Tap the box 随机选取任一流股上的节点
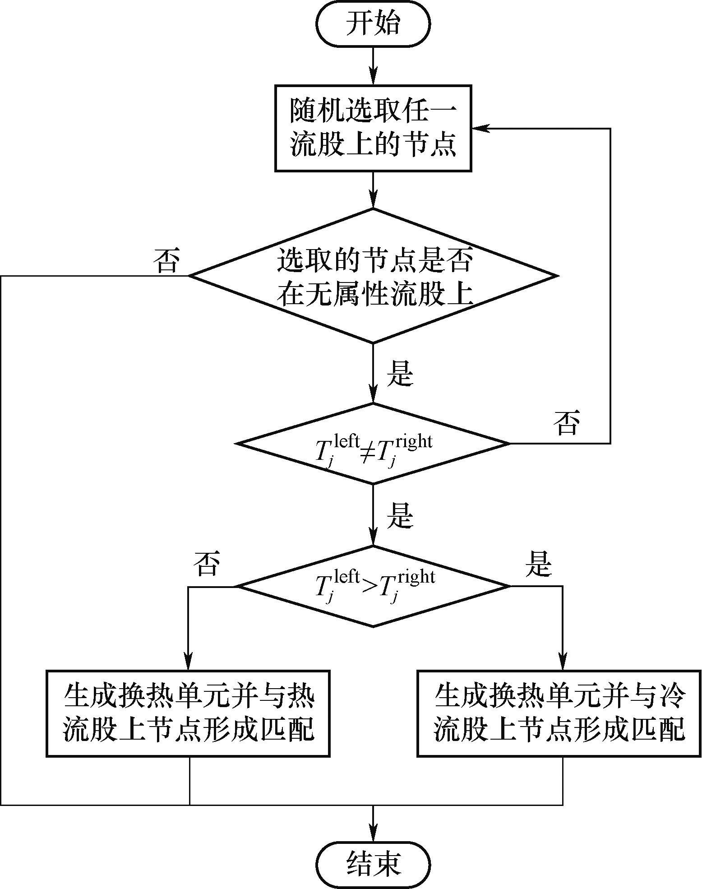(x=373, y=128)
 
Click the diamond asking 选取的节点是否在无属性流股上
(x=373, y=276)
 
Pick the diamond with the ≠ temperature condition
(x=373, y=444)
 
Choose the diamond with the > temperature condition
(x=373, y=586)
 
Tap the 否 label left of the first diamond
(x=166, y=261)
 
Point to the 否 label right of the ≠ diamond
(x=567, y=423)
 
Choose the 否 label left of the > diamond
(x=207, y=564)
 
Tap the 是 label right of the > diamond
(x=539, y=564)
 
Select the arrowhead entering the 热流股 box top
(x=189, y=664)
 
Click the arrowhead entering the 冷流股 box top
(x=563, y=664)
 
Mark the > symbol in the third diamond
(x=370, y=589)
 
